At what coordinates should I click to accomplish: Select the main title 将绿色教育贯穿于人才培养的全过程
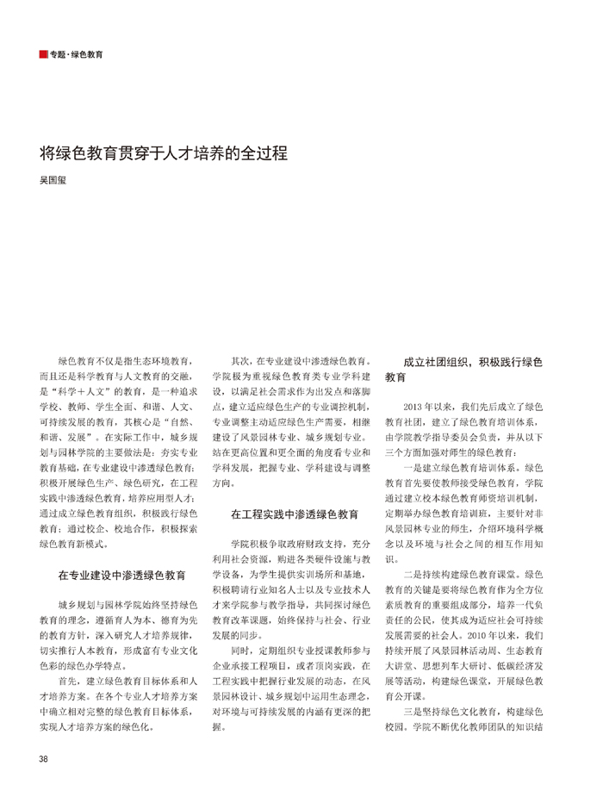[163, 154]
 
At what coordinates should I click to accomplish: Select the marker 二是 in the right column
[413, 573]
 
